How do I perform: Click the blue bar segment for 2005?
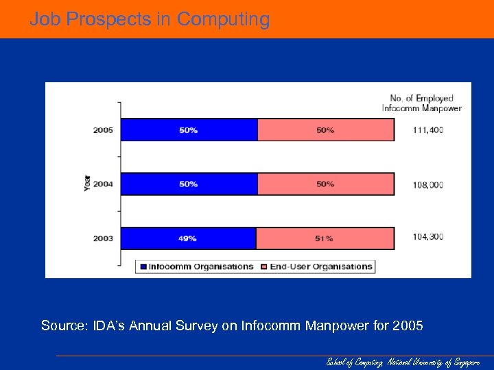pyautogui.click(x=189, y=129)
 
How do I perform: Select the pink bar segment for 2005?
pyautogui.click(x=326, y=129)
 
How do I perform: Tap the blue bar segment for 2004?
pyautogui.click(x=189, y=184)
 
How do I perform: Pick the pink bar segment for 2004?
pyautogui.click(x=326, y=184)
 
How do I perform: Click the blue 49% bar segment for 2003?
pyautogui.click(x=189, y=238)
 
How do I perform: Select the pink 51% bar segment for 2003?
pyautogui.click(x=325, y=238)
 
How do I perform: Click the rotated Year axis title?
pyautogui.click(x=87, y=184)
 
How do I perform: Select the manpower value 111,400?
pyautogui.click(x=428, y=129)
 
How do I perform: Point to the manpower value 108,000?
pyautogui.click(x=428, y=184)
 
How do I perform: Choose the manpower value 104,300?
pyautogui.click(x=428, y=237)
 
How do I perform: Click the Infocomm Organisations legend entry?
pyautogui.click(x=196, y=267)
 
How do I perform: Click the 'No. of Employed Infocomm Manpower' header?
pyautogui.click(x=421, y=102)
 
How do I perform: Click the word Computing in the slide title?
pyautogui.click(x=223, y=19)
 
